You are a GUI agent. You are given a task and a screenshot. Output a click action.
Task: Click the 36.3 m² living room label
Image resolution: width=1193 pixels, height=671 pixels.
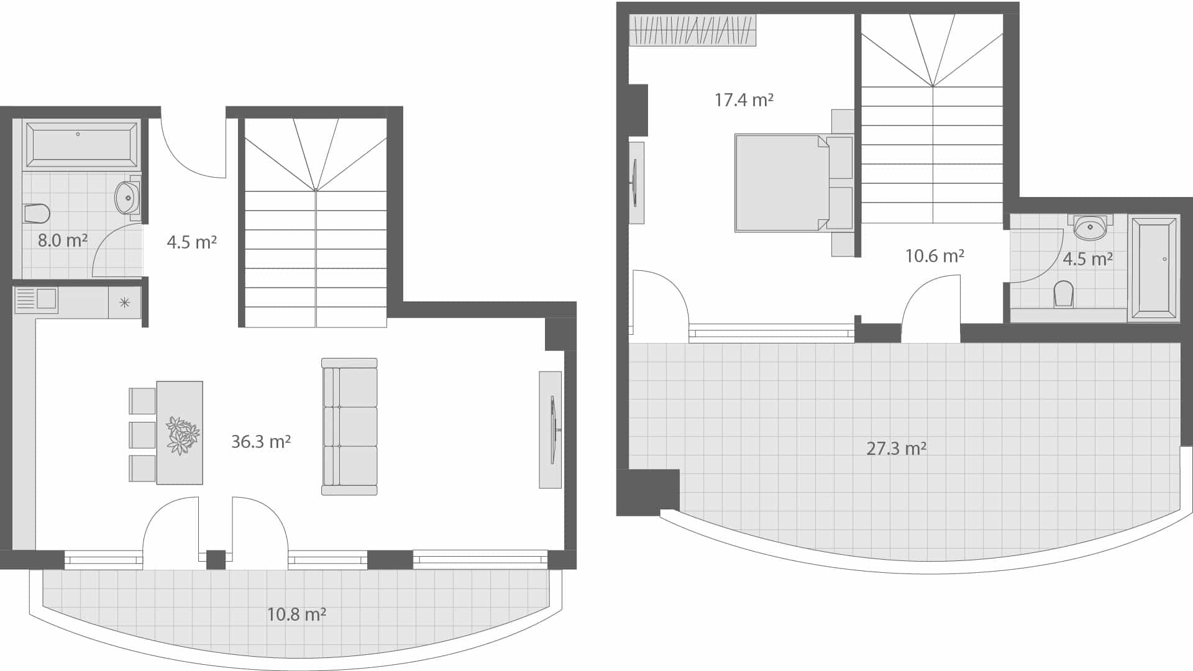coord(261,442)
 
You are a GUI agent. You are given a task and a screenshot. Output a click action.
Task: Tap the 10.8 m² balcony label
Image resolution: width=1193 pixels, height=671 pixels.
coord(296,614)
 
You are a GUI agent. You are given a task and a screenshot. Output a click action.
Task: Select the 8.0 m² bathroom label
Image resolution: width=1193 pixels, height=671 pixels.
coord(62,240)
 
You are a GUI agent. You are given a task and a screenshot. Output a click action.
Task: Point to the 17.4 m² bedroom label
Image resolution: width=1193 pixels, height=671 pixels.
coord(744,100)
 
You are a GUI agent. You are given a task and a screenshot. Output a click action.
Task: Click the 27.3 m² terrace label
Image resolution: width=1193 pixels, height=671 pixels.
coord(896,449)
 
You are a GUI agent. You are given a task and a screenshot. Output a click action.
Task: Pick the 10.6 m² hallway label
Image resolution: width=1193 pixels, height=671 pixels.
coord(935,256)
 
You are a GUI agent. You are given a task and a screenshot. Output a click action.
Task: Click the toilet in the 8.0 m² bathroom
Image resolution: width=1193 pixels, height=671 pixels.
coord(37,213)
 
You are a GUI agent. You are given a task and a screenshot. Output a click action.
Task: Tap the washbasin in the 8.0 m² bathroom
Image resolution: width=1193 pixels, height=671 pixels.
coord(128,198)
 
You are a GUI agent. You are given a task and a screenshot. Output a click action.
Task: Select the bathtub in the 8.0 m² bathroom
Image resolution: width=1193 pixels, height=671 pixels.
coord(81,145)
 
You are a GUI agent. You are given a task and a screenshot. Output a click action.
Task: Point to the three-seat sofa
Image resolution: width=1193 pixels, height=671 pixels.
coord(350,427)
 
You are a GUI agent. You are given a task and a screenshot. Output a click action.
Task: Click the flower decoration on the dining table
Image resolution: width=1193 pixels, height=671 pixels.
coord(183,435)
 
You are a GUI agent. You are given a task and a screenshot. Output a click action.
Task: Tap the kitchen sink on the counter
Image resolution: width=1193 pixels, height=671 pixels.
coord(37,299)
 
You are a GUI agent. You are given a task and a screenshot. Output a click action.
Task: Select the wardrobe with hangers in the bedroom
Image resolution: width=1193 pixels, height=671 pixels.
coord(693,30)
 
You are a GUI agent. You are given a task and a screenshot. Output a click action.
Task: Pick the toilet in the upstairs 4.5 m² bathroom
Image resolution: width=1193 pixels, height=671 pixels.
coord(1064,294)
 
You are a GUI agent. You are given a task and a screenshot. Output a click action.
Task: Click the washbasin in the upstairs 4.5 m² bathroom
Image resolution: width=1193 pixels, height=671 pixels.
coord(1090,228)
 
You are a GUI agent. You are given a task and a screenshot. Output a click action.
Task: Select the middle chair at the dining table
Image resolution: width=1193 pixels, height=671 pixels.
coord(142,434)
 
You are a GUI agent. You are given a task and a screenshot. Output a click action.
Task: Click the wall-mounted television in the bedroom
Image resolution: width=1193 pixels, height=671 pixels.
coord(636,183)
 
